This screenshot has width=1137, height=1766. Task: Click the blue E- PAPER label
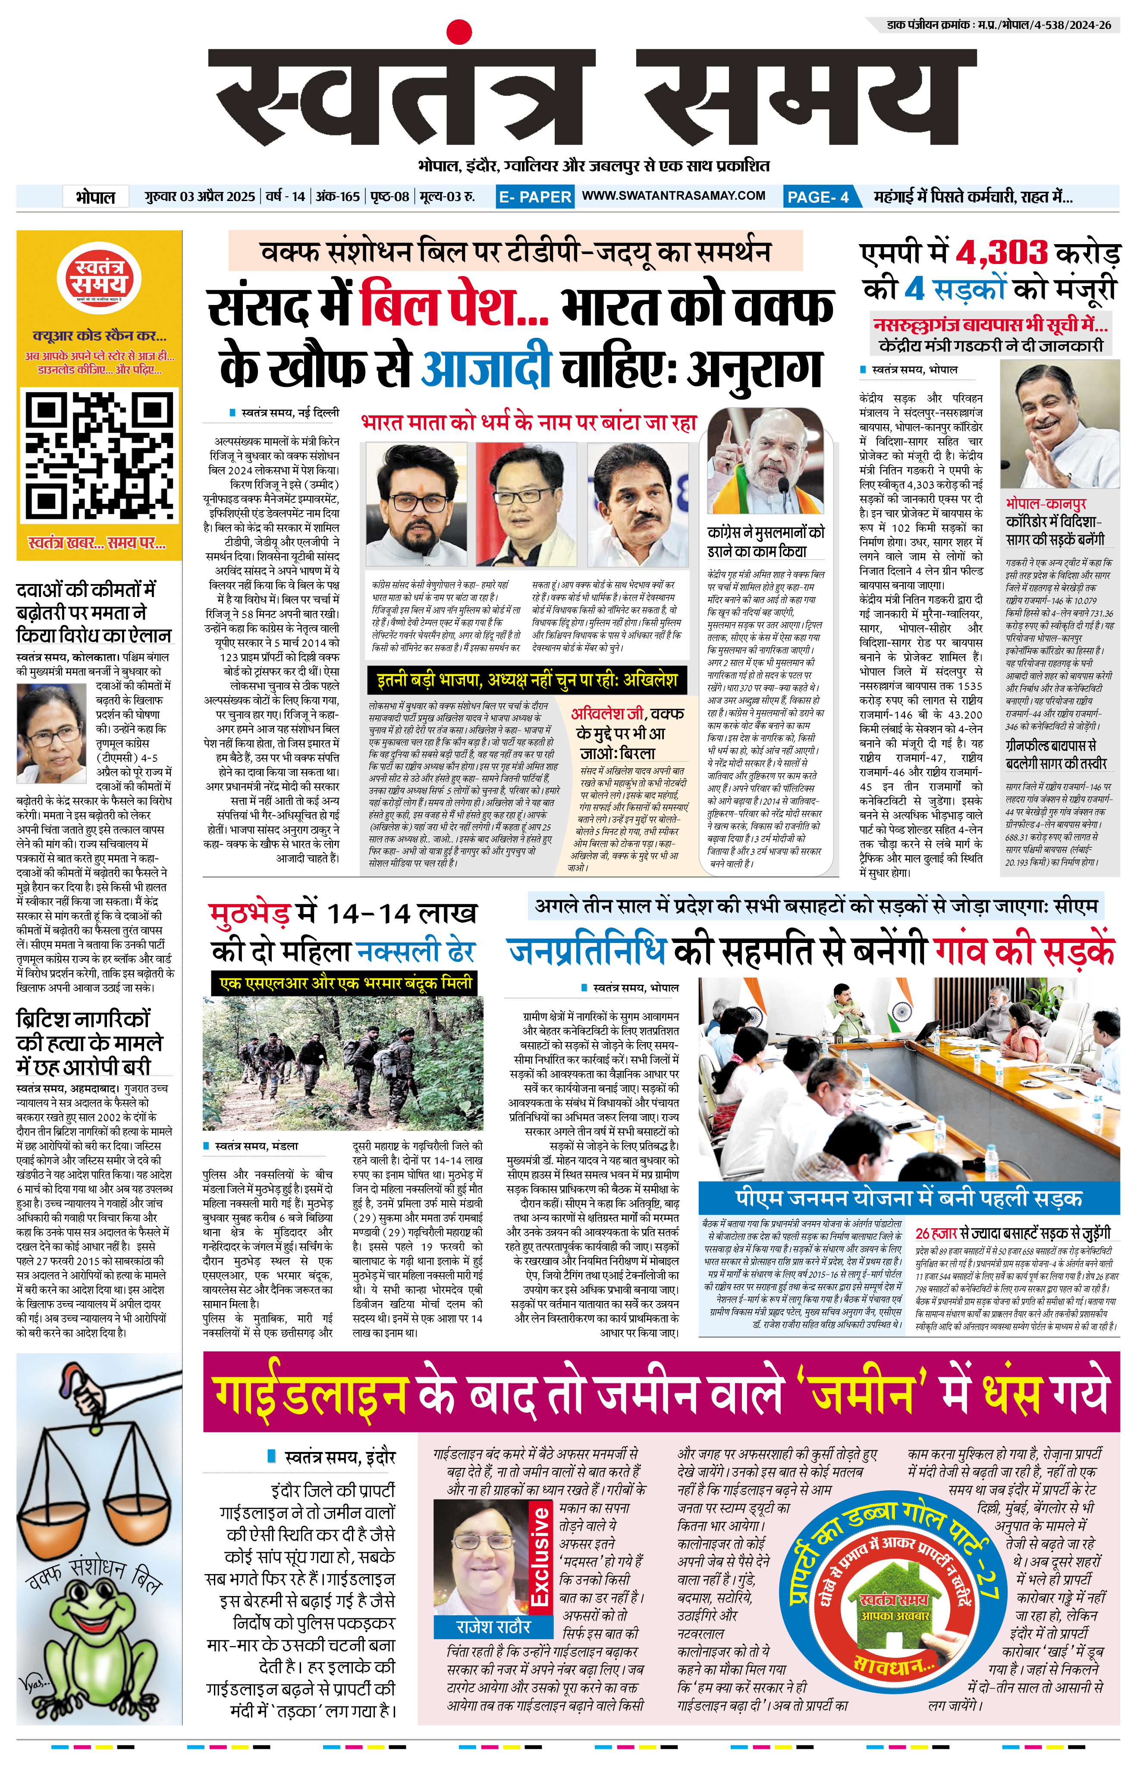[x=534, y=196]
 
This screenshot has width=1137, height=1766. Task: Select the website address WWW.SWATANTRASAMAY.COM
[x=673, y=196]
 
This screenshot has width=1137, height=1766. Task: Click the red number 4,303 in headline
[x=1001, y=253]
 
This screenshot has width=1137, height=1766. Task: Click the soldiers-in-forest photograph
[x=342, y=1063]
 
